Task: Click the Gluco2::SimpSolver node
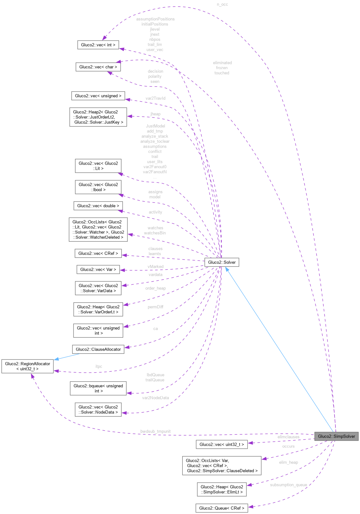pos(336,436)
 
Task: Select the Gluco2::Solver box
pos(222,262)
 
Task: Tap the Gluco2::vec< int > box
pos(98,45)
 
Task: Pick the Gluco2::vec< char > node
pos(98,67)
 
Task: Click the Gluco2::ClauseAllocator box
pos(98,349)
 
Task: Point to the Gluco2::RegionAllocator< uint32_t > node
pos(27,366)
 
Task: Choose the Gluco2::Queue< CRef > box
pos(222,508)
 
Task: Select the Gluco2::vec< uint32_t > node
pos(222,444)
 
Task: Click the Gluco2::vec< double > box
pos(98,206)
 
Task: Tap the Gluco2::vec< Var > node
pos(98,269)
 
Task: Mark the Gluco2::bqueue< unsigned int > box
pos(98,388)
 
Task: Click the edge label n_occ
pos(222,4)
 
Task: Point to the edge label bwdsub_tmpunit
pos(155,431)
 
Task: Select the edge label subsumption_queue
pos(288,485)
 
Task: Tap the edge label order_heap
pos(155,288)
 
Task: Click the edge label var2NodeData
pos(155,398)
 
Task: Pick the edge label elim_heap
pos(288,462)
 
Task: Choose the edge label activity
pos(155,212)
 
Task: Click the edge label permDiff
pos(155,307)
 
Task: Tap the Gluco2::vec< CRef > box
pos(98,253)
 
